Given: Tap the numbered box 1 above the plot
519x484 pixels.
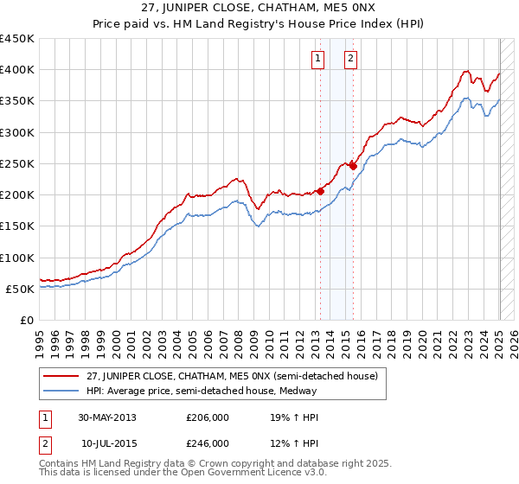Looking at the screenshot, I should click(x=318, y=59).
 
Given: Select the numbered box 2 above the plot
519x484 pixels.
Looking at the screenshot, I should click(x=350, y=59).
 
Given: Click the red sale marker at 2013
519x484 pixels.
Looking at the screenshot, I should click(x=321, y=191).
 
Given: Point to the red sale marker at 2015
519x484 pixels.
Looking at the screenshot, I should click(x=353, y=166).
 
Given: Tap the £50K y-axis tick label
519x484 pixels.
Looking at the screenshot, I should click(x=22, y=289).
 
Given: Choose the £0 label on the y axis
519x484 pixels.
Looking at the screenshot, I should click(x=29, y=320).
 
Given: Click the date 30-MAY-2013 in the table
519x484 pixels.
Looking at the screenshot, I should click(x=107, y=417).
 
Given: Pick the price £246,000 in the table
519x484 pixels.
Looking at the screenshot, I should click(x=208, y=443).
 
